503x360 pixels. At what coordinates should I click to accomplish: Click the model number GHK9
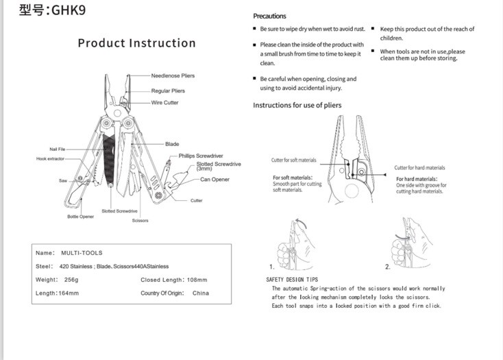tap(69, 10)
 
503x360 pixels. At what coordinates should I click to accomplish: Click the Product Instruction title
tap(136, 43)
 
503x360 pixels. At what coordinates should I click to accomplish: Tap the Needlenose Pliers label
tap(173, 75)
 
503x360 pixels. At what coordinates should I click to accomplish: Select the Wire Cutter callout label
tap(164, 103)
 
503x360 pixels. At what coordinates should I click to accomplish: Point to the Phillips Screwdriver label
tap(201, 156)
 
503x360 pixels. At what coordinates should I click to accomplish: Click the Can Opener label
tap(214, 180)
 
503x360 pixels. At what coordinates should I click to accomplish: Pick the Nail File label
tap(58, 149)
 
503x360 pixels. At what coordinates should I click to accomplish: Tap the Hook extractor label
tap(50, 159)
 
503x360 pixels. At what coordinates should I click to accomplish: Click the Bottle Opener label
tap(80, 217)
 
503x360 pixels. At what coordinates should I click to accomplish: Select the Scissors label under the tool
tap(140, 220)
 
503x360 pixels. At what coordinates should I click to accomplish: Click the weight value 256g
tap(71, 280)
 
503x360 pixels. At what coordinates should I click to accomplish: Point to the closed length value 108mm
tap(197, 280)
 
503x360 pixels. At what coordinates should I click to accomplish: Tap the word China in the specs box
tap(201, 293)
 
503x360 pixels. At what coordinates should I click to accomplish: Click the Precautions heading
tap(269, 16)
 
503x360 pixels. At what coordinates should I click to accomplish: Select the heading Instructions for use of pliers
tap(297, 105)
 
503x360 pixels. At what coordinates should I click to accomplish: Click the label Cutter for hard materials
tap(419, 168)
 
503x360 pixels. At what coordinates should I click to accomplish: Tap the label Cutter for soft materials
tap(293, 160)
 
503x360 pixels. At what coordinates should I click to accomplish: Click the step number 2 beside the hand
tap(387, 267)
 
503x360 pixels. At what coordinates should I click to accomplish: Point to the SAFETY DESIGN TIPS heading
tap(292, 280)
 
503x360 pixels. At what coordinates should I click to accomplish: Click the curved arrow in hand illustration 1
tap(302, 222)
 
